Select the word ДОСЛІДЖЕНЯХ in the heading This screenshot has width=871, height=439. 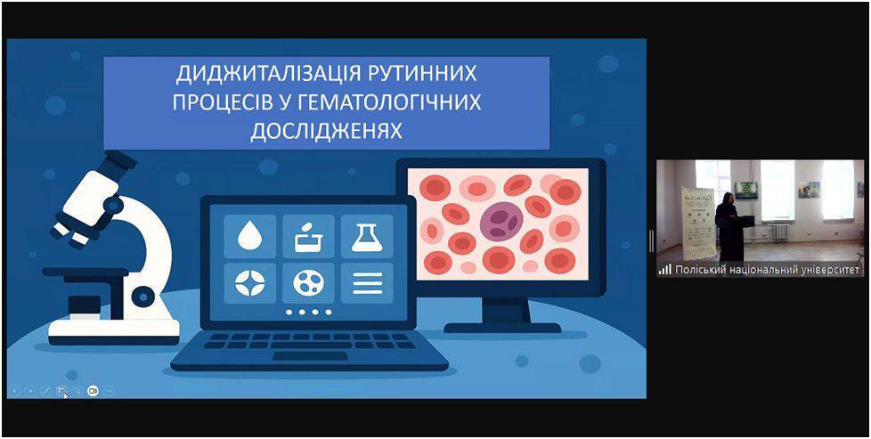[326, 131]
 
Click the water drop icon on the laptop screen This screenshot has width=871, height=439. [249, 237]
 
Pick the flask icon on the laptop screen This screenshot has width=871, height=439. [367, 237]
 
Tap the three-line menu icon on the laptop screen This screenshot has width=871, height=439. [367, 283]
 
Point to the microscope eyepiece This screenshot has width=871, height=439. [117, 162]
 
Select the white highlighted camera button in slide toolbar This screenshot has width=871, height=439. [93, 391]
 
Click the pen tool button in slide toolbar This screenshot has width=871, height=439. [46, 391]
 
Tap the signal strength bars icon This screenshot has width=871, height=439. [665, 270]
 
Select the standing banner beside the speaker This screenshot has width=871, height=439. [698, 224]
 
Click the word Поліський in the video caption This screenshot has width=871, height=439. [696, 270]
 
